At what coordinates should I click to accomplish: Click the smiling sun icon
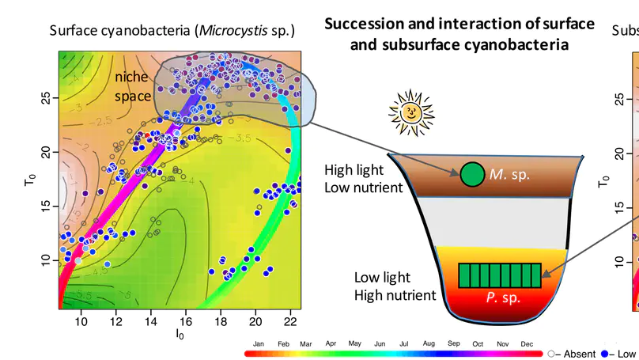point(411,114)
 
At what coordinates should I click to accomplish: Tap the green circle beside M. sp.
point(472,174)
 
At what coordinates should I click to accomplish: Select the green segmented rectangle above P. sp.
point(500,275)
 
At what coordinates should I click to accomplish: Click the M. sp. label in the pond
point(509,174)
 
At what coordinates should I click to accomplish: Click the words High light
point(354,170)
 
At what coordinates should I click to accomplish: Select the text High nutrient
point(395,295)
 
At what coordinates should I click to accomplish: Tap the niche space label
point(132,86)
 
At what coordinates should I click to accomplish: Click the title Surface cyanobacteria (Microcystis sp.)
point(172,31)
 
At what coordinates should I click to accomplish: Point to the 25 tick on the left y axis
point(45,98)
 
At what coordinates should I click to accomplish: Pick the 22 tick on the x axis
point(290,321)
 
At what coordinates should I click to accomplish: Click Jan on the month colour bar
point(258,344)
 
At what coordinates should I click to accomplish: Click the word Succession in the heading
point(365,24)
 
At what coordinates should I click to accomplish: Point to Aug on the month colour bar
point(429,344)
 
